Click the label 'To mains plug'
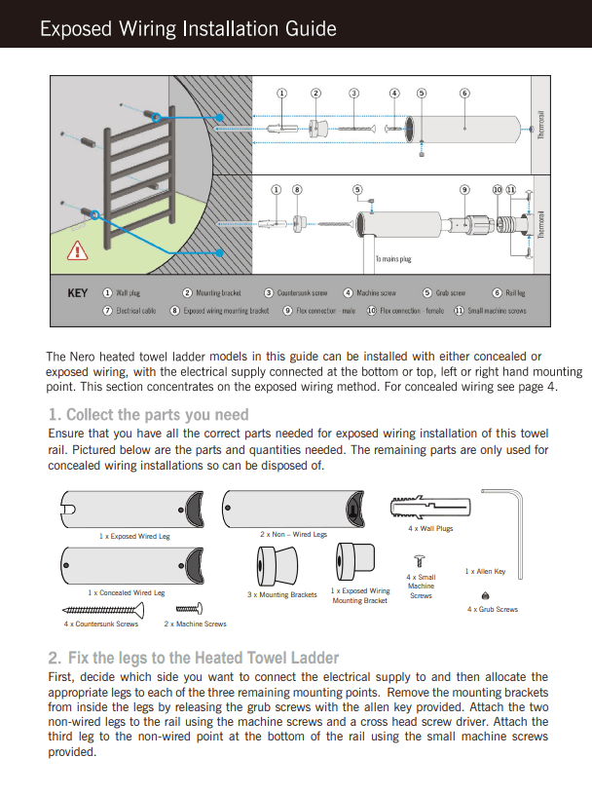pyautogui.click(x=393, y=259)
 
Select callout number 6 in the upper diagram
pyautogui.click(x=464, y=94)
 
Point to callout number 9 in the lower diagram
pyautogui.click(x=464, y=189)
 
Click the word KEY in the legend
pyautogui.click(x=77, y=293)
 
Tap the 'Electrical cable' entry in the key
pyautogui.click(x=129, y=311)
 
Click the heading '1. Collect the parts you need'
pyautogui.click(x=148, y=415)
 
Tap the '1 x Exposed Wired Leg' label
pyautogui.click(x=134, y=536)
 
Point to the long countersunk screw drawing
pyautogui.click(x=103, y=611)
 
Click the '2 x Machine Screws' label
pyautogui.click(x=195, y=624)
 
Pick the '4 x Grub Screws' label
pyautogui.click(x=493, y=609)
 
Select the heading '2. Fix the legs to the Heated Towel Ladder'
pyautogui.click(x=193, y=658)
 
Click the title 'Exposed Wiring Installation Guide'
pyautogui.click(x=188, y=29)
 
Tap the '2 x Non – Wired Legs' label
pyautogui.click(x=293, y=534)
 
